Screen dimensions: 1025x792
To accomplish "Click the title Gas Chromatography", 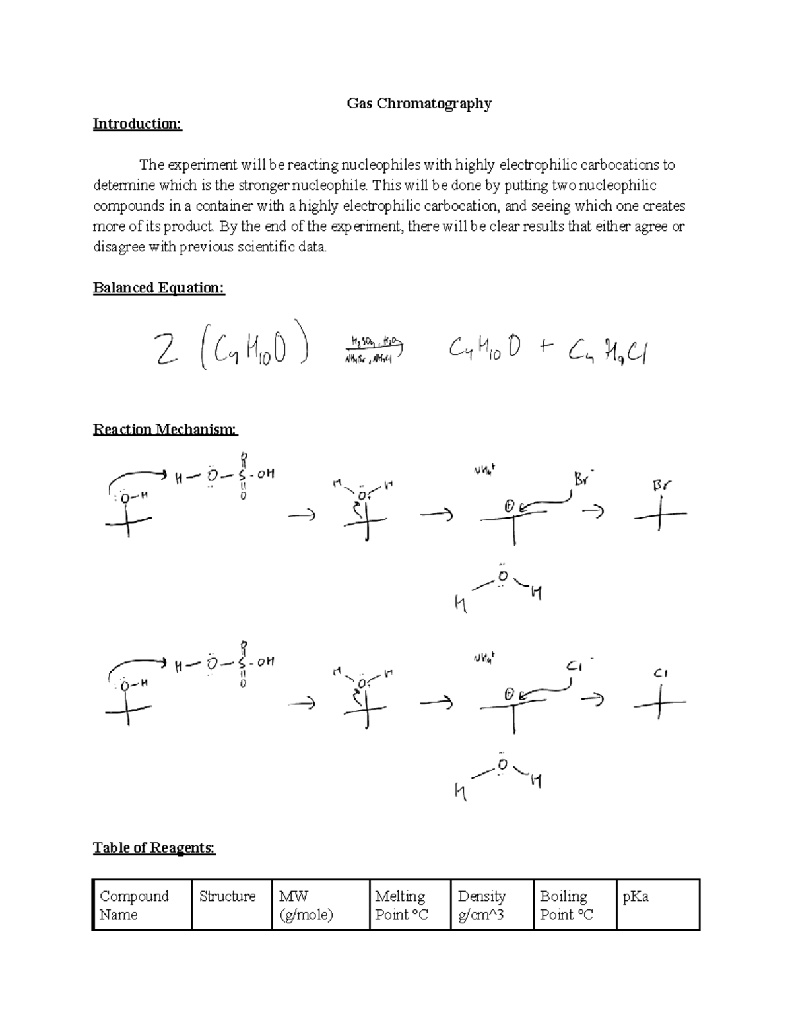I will point(419,104).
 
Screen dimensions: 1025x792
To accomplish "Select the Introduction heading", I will point(137,124).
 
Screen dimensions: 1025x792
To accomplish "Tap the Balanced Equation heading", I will point(158,288).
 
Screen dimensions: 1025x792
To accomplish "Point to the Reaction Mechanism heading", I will point(164,430).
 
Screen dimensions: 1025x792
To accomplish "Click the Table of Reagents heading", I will point(154,847).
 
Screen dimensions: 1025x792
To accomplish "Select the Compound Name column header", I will point(134,905).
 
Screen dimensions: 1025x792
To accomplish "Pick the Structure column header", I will point(227,896).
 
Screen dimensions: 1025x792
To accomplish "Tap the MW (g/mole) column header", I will point(306,905).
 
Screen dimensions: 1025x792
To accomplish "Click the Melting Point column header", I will point(401,905).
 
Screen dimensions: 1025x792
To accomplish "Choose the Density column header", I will point(482,905).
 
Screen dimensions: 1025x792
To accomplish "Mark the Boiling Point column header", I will point(566,905).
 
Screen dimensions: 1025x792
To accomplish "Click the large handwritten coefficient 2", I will point(166,349).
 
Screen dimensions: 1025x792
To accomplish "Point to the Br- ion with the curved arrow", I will point(583,479).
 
